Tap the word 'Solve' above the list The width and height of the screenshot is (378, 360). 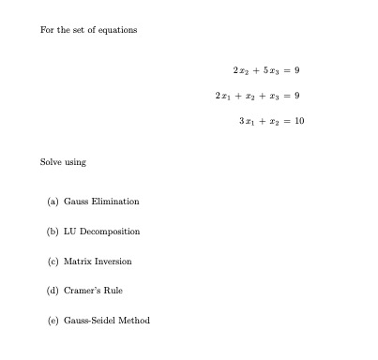point(51,162)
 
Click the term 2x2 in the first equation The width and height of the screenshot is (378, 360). point(240,71)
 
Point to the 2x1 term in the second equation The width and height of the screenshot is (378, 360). point(223,96)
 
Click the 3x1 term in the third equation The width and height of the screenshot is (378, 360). point(248,121)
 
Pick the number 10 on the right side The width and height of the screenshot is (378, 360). point(299,121)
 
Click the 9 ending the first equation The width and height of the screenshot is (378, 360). point(296,71)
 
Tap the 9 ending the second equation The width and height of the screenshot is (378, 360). point(296,96)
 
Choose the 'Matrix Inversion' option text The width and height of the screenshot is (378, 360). point(98,262)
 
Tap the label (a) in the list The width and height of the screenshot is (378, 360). point(53,202)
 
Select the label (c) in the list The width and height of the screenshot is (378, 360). point(53,262)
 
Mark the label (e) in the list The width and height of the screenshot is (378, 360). point(53,321)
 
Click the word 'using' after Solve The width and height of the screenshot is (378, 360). point(75,162)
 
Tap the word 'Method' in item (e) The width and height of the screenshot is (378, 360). point(134,321)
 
